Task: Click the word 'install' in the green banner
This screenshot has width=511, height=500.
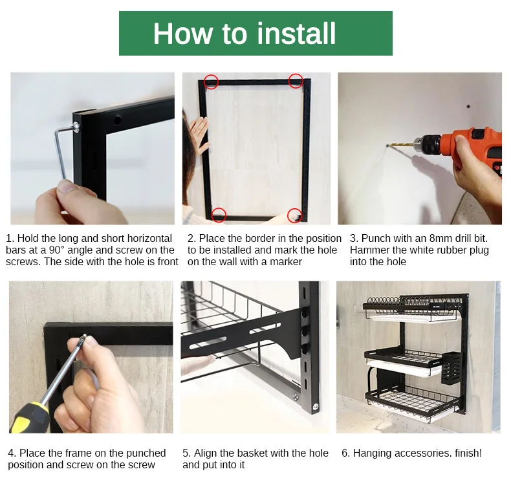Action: tap(296, 33)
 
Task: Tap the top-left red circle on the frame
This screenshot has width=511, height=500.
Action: tap(211, 82)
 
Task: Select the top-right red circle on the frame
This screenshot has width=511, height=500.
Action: tap(296, 80)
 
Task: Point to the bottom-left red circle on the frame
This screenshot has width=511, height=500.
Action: tap(219, 215)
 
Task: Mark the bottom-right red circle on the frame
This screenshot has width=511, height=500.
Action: tap(294, 215)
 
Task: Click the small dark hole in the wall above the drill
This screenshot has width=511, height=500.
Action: tap(468, 107)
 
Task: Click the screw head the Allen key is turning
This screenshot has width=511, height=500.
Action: tap(76, 127)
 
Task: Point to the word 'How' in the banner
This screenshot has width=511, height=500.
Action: tap(182, 33)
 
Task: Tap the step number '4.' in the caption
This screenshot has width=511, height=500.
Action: tap(12, 453)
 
